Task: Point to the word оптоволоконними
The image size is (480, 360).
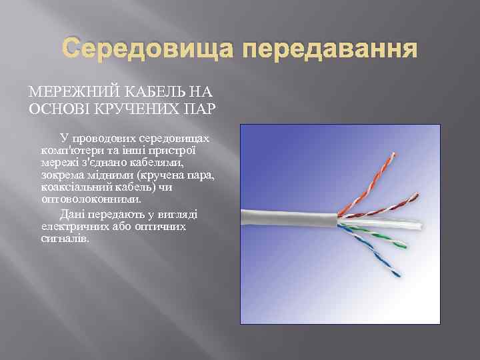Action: [91, 198]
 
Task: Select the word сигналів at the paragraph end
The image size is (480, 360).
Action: [64, 238]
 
